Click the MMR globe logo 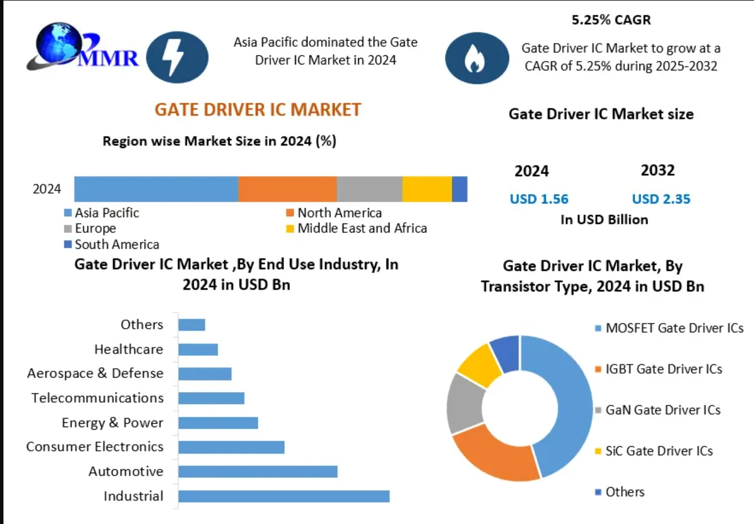point(83,48)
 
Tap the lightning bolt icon point(177,57)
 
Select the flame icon point(476,58)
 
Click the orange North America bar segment point(287,189)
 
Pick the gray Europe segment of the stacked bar point(369,189)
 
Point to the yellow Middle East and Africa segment point(427,189)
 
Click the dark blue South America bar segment point(460,189)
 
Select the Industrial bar point(284,496)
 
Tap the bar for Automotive point(257,472)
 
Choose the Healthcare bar point(198,349)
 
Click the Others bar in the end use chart point(191,325)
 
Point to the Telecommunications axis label point(97,398)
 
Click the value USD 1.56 point(539,199)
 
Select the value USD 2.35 point(661,199)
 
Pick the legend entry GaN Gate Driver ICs point(662,410)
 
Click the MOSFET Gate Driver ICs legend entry point(674,328)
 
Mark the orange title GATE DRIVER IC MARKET point(257,109)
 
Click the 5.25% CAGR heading point(611,20)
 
